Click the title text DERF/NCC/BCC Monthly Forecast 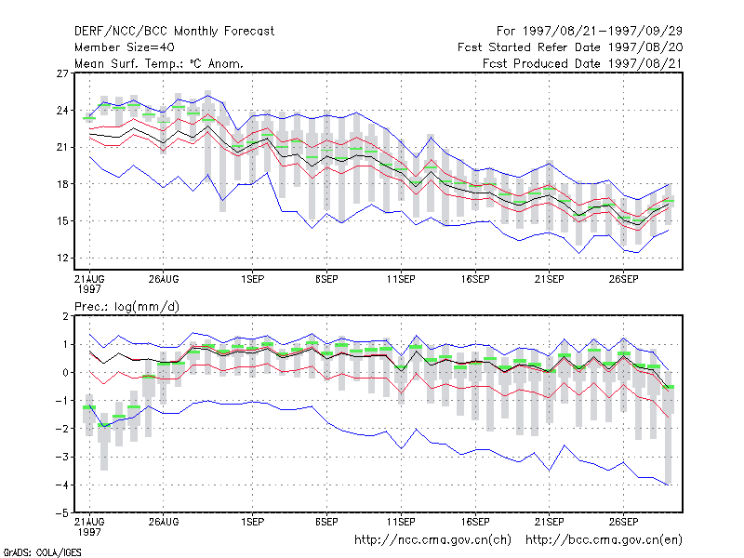click(x=174, y=32)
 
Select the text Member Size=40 click(x=125, y=47)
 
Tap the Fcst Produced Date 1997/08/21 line click(x=582, y=63)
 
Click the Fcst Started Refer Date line click(x=570, y=47)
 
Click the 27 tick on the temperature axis click(x=62, y=73)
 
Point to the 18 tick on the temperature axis click(x=62, y=184)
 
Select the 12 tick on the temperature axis click(x=62, y=259)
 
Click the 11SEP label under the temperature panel click(x=401, y=280)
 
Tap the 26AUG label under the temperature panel click(x=164, y=280)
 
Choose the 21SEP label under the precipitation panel click(x=549, y=522)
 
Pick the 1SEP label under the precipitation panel click(x=252, y=522)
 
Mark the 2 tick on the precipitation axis click(x=65, y=316)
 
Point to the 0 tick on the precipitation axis click(x=65, y=373)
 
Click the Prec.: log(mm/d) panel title click(x=126, y=307)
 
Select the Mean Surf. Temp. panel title click(x=159, y=63)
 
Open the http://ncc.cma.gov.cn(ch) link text click(x=432, y=540)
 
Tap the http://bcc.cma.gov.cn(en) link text click(x=604, y=540)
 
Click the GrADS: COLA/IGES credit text click(x=42, y=552)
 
